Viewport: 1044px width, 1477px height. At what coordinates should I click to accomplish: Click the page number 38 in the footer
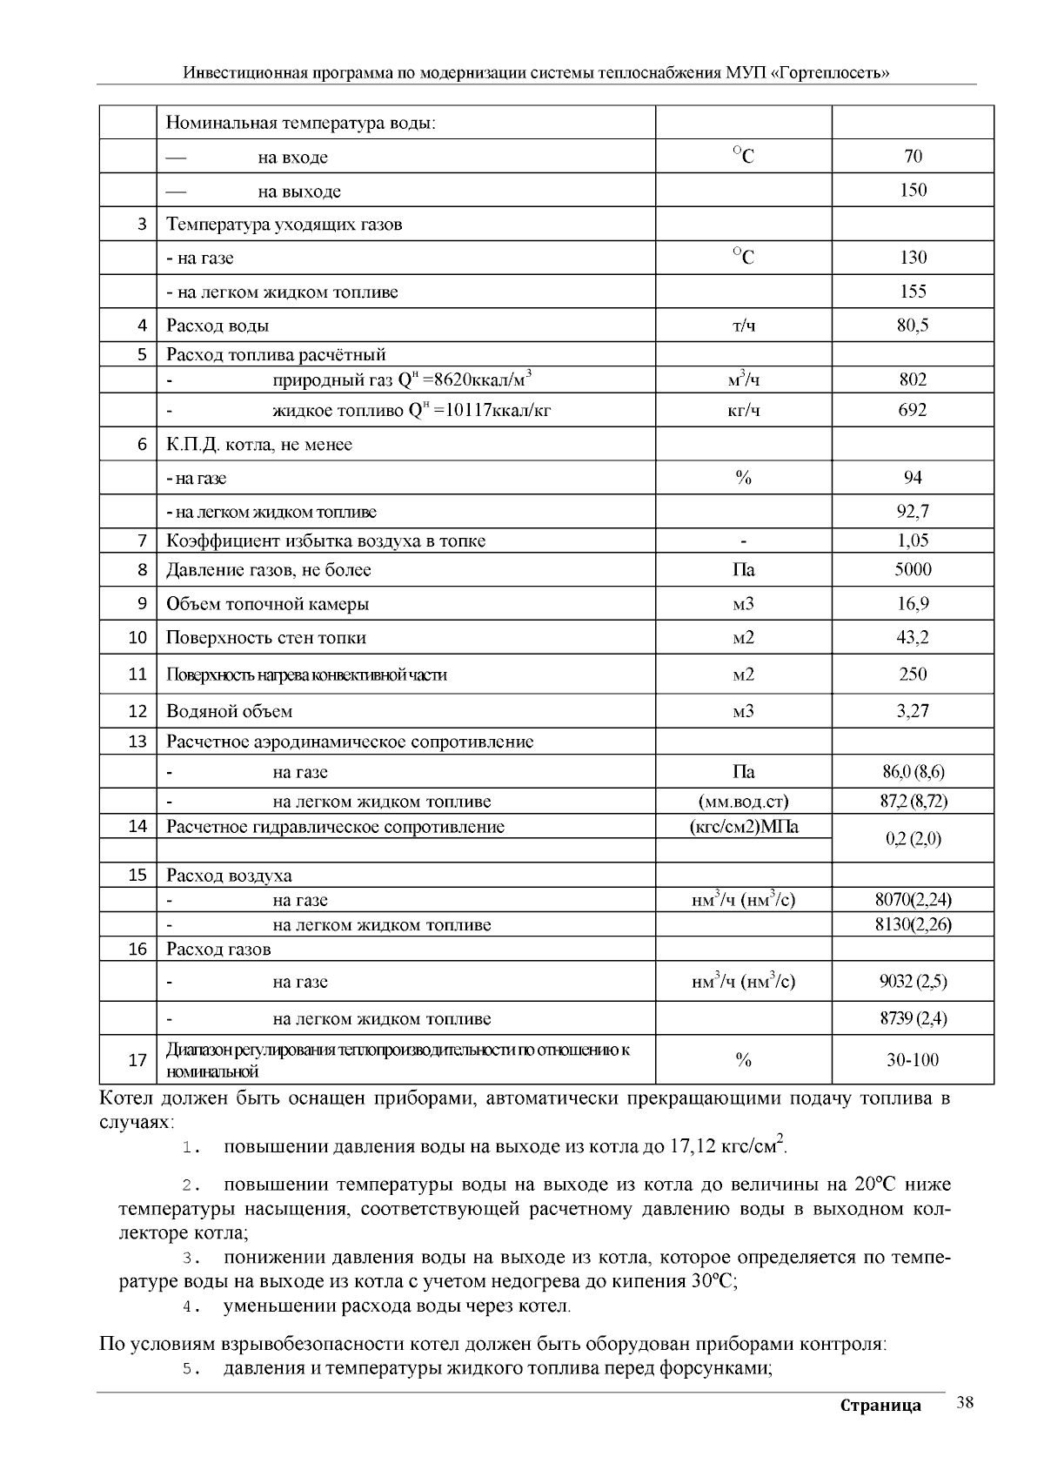(x=964, y=1402)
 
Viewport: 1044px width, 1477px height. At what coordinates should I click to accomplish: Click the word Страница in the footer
(x=880, y=1406)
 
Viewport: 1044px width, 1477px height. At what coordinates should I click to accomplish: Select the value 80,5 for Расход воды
(x=913, y=326)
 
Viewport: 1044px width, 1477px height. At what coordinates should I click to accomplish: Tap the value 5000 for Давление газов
(x=913, y=570)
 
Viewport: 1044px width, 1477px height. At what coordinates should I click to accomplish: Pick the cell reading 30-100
(x=913, y=1060)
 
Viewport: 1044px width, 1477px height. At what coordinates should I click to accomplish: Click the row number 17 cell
(x=137, y=1060)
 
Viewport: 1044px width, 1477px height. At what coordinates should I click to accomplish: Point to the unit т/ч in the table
(x=743, y=326)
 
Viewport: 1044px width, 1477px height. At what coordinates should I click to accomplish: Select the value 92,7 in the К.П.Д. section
(x=913, y=512)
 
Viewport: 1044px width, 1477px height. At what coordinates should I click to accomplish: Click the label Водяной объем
(x=230, y=711)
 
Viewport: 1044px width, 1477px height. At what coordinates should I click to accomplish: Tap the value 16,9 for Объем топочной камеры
(x=913, y=604)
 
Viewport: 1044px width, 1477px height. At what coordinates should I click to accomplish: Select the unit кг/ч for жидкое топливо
(x=743, y=411)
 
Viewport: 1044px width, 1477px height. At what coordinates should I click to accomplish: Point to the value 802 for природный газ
(x=913, y=379)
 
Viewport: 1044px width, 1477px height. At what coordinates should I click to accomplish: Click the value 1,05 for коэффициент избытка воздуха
(x=913, y=540)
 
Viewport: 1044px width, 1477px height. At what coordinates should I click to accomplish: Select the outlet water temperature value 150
(x=913, y=191)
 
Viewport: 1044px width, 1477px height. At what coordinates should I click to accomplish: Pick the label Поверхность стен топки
(x=266, y=638)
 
